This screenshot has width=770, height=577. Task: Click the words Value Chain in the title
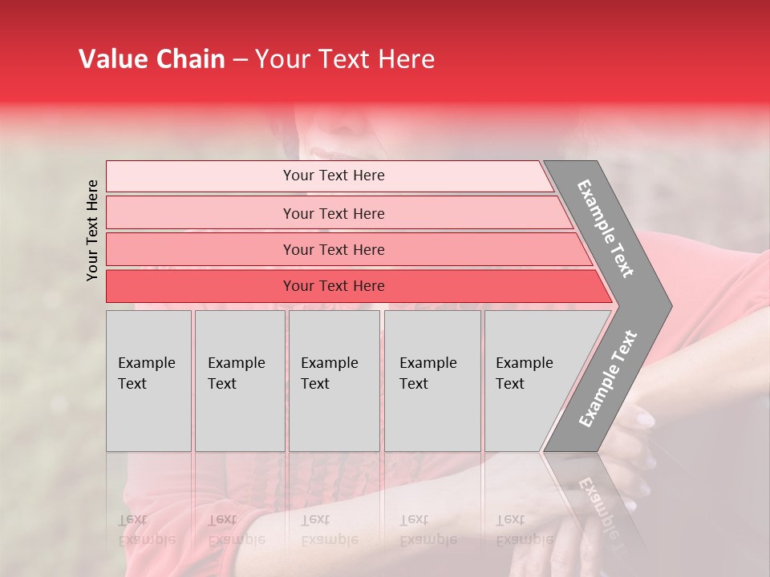152,59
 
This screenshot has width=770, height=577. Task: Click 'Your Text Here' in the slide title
344,59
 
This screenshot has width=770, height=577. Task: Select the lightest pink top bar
333,176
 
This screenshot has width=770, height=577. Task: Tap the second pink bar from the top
333,213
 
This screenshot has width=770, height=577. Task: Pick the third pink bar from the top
333,249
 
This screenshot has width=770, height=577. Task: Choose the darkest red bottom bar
333,286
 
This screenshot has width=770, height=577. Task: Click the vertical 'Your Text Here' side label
92,230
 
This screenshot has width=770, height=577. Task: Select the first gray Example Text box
148,381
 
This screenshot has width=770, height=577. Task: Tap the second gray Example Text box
239,381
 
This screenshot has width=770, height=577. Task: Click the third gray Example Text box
334,381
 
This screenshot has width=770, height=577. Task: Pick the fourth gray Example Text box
432,381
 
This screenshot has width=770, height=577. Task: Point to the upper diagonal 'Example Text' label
606,228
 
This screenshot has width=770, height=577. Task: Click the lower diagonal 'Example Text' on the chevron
607,378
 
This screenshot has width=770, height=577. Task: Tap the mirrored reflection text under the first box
147,530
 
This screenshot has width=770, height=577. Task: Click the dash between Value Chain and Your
240,60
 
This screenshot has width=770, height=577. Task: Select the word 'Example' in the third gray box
329,363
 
